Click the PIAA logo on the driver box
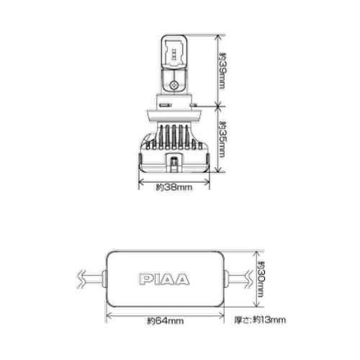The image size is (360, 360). point(164,279)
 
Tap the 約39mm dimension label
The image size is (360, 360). point(222,71)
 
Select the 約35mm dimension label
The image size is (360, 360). point(222,140)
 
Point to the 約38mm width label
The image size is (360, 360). point(174,187)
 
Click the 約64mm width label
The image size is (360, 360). point(166,321)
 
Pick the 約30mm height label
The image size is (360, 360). point(261,279)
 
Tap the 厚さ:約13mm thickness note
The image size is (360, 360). point(260,320)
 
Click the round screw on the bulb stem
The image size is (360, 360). point(174,84)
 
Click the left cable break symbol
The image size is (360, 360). point(81,279)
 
